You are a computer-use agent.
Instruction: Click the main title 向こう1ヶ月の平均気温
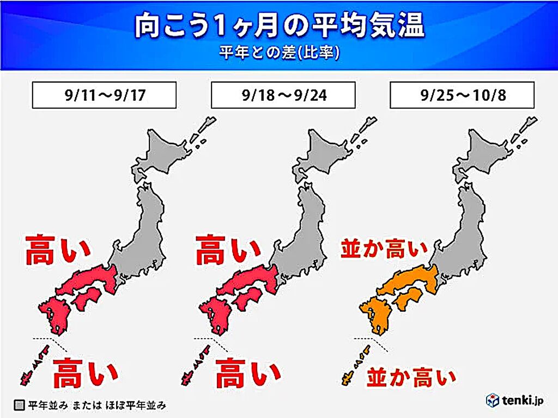(x=279, y=28)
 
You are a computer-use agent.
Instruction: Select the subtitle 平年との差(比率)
(x=279, y=53)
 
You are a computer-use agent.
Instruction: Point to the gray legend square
(x=20, y=405)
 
